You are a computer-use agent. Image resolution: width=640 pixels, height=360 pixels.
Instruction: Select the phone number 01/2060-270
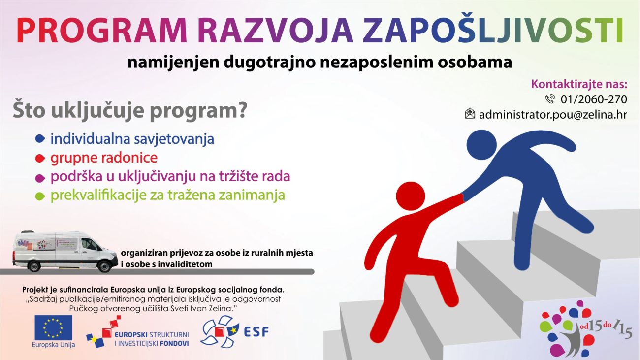coord(594,99)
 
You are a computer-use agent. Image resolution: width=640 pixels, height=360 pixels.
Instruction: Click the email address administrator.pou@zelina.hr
coord(553,115)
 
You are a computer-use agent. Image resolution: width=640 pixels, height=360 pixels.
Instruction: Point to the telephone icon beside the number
coord(550,99)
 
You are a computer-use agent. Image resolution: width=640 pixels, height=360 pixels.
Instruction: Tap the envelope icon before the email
coord(470,113)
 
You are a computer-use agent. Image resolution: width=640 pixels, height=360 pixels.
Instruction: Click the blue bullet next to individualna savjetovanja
coord(40,139)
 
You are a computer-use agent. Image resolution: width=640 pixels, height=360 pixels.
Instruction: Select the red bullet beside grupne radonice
coord(40,158)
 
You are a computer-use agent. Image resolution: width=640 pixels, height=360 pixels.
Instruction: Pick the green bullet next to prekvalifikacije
coord(40,196)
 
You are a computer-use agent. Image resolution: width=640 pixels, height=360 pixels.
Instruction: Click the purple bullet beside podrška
coord(40,178)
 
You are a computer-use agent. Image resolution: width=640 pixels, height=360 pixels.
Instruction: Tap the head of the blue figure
coord(481,145)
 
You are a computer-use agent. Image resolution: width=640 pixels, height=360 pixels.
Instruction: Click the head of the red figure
coord(411,196)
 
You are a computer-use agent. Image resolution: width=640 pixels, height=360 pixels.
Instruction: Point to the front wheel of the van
coord(103,266)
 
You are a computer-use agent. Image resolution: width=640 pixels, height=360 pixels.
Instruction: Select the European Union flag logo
coord(54,327)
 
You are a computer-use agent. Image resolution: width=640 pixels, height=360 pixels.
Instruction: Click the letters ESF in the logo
coord(256,332)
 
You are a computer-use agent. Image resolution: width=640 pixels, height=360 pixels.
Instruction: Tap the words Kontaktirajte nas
coord(579,84)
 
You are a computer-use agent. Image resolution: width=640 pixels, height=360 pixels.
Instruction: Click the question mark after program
coord(242,110)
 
